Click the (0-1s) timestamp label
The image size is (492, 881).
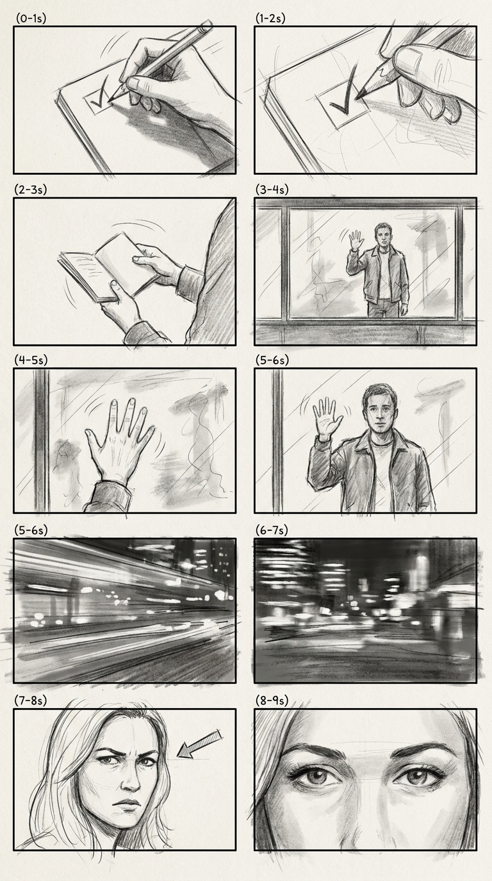(x=31, y=19)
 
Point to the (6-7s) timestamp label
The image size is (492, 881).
(x=272, y=530)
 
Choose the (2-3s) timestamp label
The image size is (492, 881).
(x=31, y=190)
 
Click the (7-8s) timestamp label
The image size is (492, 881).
(x=31, y=700)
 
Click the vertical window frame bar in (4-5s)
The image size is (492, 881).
(x=41, y=440)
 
